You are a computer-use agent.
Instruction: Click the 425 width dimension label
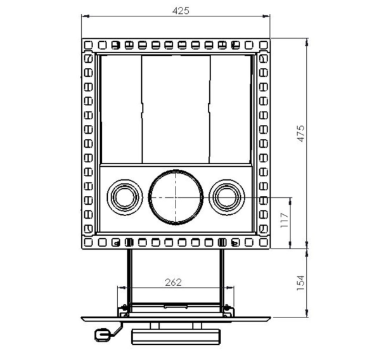(181, 11)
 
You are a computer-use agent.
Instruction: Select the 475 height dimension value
(301, 134)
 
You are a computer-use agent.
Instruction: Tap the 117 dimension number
(285, 220)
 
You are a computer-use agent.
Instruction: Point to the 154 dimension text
(300, 283)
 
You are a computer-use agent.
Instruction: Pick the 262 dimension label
(173, 282)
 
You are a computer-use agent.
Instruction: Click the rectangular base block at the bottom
(176, 337)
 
